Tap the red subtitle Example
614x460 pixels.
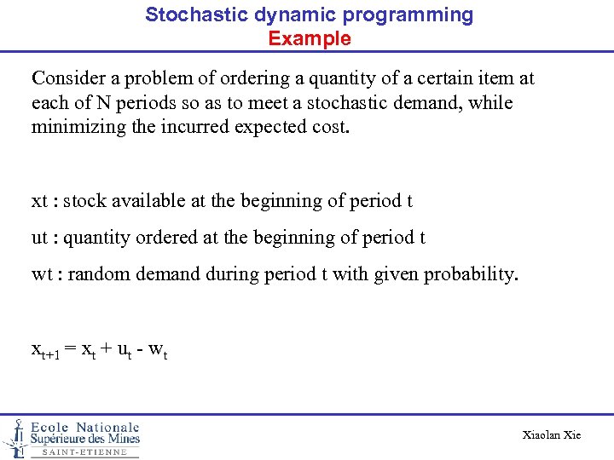(309, 38)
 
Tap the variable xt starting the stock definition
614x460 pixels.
(39, 202)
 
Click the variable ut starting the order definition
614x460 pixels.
(39, 238)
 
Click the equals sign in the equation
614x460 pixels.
(71, 349)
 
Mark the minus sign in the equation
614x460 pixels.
(141, 349)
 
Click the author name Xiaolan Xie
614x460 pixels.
(551, 435)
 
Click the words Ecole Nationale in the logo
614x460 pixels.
(85, 427)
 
